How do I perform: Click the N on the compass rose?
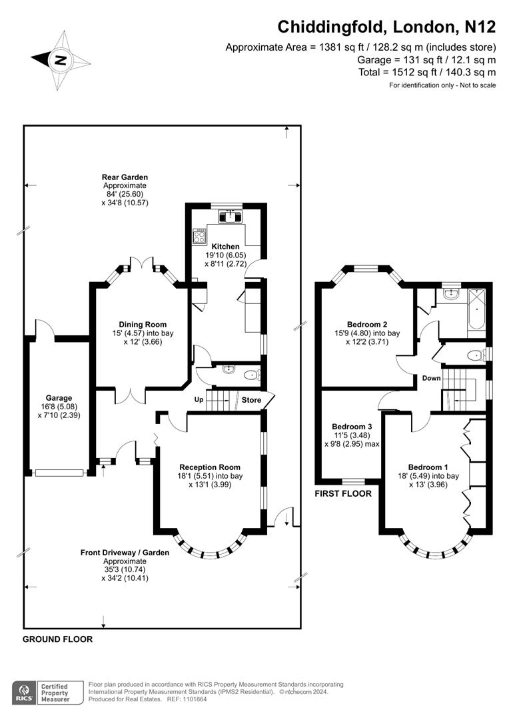pyautogui.click(x=60, y=60)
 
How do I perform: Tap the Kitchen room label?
pyautogui.click(x=225, y=247)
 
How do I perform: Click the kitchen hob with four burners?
pyautogui.click(x=200, y=236)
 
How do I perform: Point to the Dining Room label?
pyautogui.click(x=143, y=324)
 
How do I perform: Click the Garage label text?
pyautogui.click(x=59, y=398)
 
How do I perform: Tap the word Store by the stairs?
pyautogui.click(x=252, y=400)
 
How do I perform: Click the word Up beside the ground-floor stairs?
pyautogui.click(x=199, y=399)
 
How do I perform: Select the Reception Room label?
pyautogui.click(x=210, y=467)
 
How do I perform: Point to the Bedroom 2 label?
pyautogui.click(x=367, y=324)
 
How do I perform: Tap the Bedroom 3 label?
pyautogui.click(x=352, y=427)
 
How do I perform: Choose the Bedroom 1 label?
pyautogui.click(x=428, y=467)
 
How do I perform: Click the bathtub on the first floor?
pyautogui.click(x=476, y=309)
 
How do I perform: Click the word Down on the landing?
pyautogui.click(x=432, y=378)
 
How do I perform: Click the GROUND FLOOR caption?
pyautogui.click(x=58, y=639)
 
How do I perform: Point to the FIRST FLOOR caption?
pyautogui.click(x=343, y=493)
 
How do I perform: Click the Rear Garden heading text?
pyautogui.click(x=125, y=177)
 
